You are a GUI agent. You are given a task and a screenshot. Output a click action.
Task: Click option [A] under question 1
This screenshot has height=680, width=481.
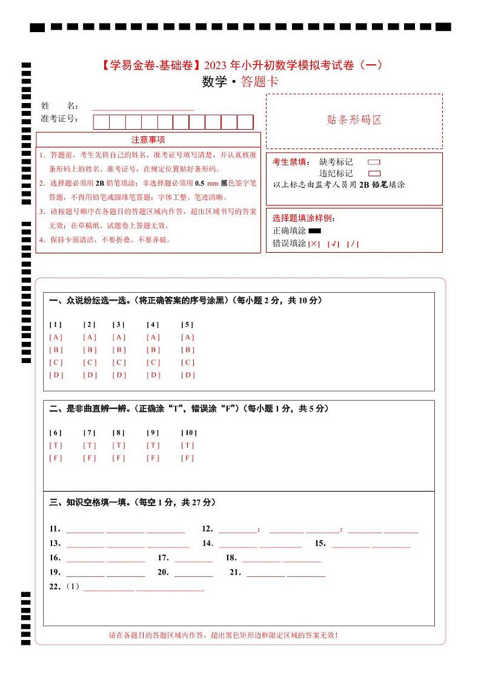click(x=56, y=337)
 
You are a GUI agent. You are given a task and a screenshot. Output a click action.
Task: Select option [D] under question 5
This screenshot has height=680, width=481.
click(x=188, y=375)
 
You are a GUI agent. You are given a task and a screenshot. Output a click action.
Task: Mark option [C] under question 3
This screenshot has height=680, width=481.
click(x=119, y=362)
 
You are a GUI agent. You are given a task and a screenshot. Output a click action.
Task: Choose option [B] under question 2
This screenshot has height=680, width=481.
click(x=90, y=350)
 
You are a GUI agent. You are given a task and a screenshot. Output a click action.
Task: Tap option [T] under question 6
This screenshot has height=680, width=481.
click(x=56, y=445)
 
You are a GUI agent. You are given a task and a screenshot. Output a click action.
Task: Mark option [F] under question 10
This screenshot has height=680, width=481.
click(x=188, y=458)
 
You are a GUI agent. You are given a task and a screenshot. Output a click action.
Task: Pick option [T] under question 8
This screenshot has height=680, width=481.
click(x=119, y=445)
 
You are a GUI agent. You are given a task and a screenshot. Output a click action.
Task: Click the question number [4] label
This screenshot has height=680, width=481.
click(x=153, y=324)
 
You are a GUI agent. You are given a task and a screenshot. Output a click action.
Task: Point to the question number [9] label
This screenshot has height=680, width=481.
click(x=153, y=432)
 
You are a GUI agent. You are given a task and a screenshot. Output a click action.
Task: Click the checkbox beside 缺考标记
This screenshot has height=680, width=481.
click(x=374, y=162)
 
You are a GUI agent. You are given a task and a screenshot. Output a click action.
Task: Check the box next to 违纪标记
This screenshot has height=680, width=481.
click(x=374, y=173)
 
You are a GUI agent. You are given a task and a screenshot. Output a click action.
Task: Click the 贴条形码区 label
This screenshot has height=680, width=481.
click(x=354, y=120)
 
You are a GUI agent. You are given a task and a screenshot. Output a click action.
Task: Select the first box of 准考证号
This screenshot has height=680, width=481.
click(x=101, y=122)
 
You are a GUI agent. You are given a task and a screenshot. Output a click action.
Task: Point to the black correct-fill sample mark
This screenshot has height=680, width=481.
click(x=314, y=231)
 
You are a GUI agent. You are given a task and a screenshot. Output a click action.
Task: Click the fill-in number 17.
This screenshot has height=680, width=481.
click(x=163, y=558)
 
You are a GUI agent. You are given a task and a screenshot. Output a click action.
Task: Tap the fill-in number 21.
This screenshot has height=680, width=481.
click(x=236, y=572)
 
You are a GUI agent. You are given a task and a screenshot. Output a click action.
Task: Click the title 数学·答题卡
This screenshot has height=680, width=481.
click(x=240, y=82)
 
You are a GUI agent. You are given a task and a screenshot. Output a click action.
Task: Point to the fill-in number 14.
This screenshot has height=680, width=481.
click(x=208, y=543)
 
